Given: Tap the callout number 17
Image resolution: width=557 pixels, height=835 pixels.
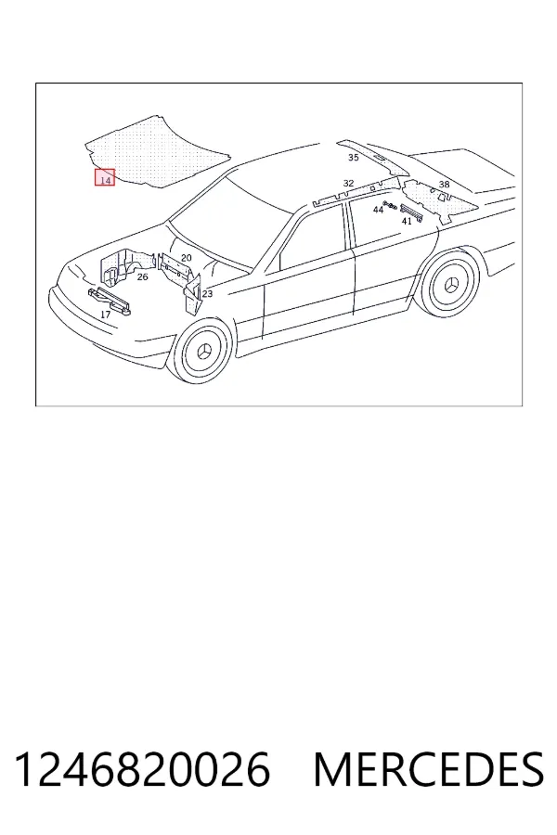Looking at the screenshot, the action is click(106, 315).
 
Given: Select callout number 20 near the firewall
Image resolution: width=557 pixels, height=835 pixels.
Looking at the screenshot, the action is click(186, 258).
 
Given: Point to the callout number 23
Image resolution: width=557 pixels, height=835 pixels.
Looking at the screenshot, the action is click(207, 293).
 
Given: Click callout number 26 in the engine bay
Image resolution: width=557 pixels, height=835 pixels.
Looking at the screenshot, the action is click(142, 276).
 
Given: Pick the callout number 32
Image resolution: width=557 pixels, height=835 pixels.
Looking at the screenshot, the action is click(348, 183).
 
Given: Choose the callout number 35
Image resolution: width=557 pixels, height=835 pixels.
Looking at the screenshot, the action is click(354, 158).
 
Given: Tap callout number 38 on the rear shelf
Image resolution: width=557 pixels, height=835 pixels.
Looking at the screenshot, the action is click(444, 185).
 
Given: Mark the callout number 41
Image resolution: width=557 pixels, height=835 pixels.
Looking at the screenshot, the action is click(407, 222).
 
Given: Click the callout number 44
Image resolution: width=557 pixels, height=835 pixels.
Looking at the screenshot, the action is click(378, 210).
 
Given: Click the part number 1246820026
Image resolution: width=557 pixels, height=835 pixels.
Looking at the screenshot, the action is click(141, 769).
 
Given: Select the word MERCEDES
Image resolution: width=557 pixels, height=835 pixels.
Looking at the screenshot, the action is click(429, 769).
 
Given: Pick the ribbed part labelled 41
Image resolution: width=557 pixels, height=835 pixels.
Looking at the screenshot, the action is click(411, 212).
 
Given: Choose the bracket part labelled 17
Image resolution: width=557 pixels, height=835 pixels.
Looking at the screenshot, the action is click(110, 302).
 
